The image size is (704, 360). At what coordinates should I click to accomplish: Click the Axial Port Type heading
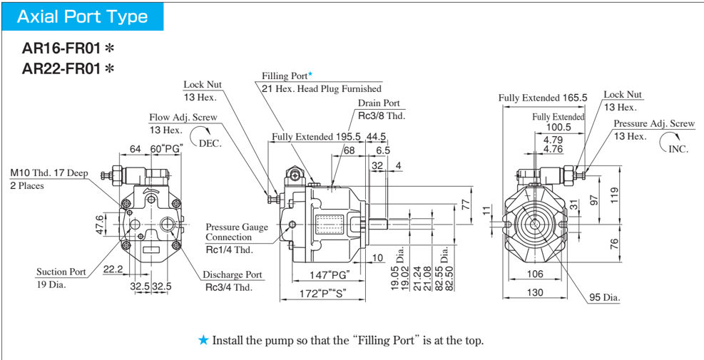tap(82, 16)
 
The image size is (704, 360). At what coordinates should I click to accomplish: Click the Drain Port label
tap(379, 103)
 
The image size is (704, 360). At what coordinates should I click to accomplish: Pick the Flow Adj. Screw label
tap(183, 118)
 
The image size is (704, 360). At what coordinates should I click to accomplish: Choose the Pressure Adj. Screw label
tap(653, 124)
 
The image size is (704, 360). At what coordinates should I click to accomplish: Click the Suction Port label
tap(61, 272)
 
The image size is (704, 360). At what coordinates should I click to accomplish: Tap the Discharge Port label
tap(232, 274)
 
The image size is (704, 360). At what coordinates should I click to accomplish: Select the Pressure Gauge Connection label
tap(237, 232)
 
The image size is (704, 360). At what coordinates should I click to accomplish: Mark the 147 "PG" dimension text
tap(328, 274)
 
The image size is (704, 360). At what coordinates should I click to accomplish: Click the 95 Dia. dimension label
tap(605, 297)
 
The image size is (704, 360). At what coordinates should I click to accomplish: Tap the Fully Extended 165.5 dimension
tap(542, 98)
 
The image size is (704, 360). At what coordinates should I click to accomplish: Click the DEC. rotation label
tap(210, 143)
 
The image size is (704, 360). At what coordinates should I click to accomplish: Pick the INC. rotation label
tap(678, 149)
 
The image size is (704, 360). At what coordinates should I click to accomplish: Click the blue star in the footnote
tap(203, 340)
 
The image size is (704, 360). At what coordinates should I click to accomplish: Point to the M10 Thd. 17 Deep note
tap(48, 173)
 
